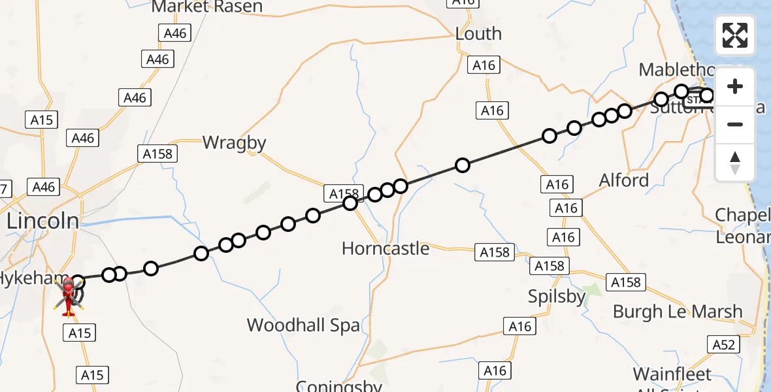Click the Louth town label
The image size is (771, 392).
coord(478,34)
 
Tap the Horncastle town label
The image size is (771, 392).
coord(385,248)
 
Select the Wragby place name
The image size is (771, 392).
coord(235,142)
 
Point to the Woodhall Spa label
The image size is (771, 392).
coord(303,325)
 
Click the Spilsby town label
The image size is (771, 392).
coord(557,297)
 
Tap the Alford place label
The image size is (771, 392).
coord(624,180)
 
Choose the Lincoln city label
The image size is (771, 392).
coord(42,221)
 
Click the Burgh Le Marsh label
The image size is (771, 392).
coord(678,312)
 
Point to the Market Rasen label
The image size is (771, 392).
coord(207,7)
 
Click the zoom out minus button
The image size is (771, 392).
coord(735,124)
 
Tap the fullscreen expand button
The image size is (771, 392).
coord(735,35)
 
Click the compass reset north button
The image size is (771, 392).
coord(735,162)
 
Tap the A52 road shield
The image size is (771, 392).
coord(723,344)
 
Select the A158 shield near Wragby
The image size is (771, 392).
coord(157,154)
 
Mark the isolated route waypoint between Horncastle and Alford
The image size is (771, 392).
coord(463,165)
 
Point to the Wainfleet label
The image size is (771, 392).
coord(672,374)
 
